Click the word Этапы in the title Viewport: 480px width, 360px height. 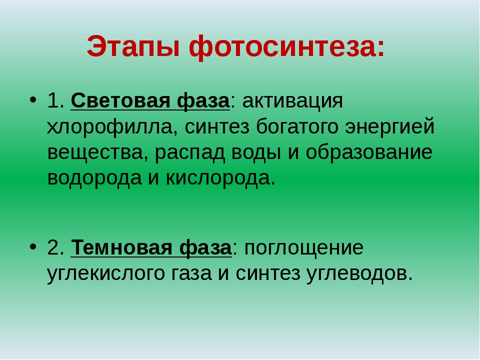coord(133,46)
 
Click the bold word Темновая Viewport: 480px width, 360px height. coord(121,247)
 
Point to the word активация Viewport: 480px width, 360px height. coord(292,101)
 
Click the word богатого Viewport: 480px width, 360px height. coord(297,126)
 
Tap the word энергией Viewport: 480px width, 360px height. coord(389,126)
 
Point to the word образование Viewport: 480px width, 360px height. coord(369,152)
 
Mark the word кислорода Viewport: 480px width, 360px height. coord(220,178)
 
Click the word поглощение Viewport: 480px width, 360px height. coord(304,248)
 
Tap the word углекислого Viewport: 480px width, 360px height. coord(106,273)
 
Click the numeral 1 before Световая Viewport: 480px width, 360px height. coord(53,100)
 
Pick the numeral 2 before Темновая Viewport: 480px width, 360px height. coord(53,247)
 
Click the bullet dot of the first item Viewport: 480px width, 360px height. coord(33,100)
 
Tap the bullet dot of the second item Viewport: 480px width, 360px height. coord(33,246)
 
